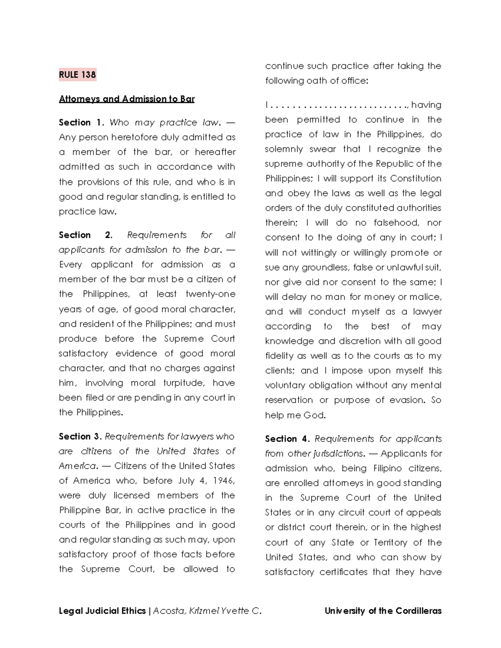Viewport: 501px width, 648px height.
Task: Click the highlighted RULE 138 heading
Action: coord(77,75)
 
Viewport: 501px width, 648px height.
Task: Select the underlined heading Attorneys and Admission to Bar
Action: coord(127,99)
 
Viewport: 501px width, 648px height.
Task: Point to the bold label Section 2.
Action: coord(86,235)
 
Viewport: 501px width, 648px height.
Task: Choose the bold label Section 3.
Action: coord(80,436)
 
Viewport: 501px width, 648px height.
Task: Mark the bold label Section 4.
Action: coord(287,439)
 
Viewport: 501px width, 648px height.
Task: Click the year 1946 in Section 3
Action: coord(224,481)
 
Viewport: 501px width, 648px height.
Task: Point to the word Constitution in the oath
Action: coord(415,179)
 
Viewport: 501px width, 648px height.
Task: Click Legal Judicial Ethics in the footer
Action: coord(102,611)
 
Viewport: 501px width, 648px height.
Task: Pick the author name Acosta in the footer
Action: coord(169,611)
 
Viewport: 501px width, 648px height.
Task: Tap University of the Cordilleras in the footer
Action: coord(383,611)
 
